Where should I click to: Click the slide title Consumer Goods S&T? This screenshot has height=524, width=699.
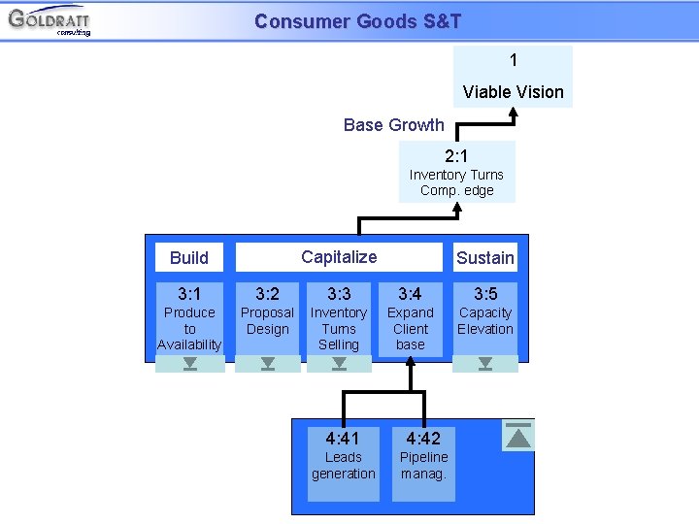click(357, 20)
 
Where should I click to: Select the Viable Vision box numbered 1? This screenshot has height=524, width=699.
click(514, 77)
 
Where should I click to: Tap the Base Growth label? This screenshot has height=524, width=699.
click(393, 125)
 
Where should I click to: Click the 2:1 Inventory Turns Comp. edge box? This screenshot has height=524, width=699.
click(456, 172)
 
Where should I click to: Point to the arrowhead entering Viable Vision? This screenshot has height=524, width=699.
click(514, 113)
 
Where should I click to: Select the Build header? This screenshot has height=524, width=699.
click(189, 257)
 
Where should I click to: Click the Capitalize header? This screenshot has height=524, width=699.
click(339, 257)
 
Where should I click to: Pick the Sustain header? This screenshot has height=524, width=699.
click(485, 257)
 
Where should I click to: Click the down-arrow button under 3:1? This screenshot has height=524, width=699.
click(190, 364)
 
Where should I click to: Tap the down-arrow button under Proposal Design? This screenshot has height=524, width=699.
click(268, 364)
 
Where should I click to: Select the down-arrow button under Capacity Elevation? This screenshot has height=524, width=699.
click(485, 364)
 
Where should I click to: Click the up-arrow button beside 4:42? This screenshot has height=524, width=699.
click(519, 436)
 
